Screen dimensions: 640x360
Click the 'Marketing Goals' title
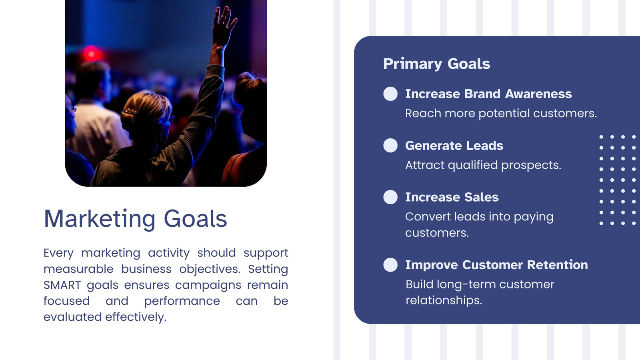(136, 219)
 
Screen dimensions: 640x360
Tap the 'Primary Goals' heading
(436, 64)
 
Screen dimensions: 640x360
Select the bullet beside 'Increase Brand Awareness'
(390, 94)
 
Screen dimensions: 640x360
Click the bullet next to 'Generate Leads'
(390, 146)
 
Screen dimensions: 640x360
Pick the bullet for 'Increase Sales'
(390, 197)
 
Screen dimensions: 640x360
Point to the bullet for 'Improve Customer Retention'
(390, 265)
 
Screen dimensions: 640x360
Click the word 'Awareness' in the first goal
(538, 94)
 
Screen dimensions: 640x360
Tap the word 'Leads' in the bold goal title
(484, 146)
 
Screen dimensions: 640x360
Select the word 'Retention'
(558, 265)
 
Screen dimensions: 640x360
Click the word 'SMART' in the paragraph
(62, 285)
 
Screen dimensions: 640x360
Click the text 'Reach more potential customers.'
(501, 114)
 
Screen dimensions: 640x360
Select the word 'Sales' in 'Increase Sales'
(482, 197)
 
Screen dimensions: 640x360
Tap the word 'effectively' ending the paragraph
(136, 317)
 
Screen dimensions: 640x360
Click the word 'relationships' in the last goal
(444, 300)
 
